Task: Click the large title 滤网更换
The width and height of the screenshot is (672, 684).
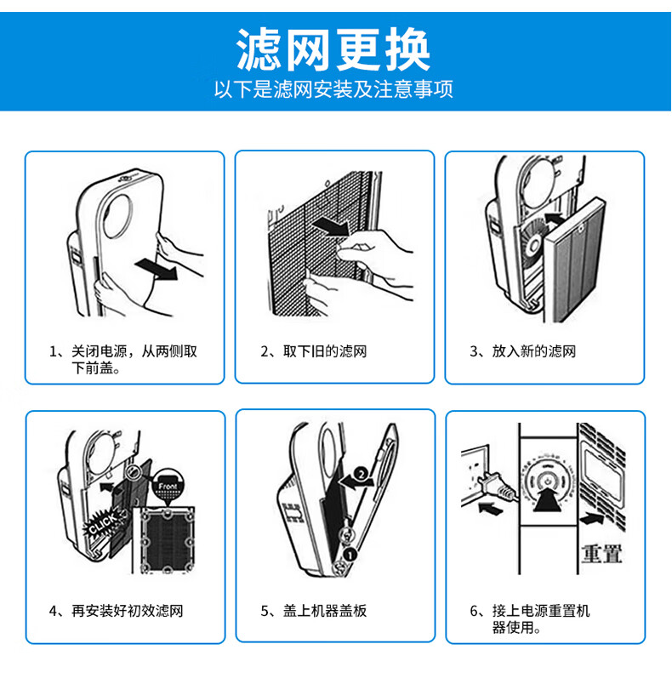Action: coord(333,49)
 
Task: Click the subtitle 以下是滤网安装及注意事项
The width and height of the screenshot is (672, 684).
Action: coord(333,89)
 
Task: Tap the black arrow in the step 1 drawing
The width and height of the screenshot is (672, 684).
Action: coord(157,269)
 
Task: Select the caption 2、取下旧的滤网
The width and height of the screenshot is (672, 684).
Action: coord(313,351)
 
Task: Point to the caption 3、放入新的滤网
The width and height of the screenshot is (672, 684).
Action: coord(522,351)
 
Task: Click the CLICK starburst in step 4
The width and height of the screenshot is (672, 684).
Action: coord(102,522)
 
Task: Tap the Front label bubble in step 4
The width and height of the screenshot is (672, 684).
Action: coord(168,486)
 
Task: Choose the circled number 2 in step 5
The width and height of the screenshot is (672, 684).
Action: coord(361,474)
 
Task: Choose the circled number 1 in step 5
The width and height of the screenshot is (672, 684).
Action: coord(350,555)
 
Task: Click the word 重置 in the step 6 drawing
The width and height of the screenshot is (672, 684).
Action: coord(601,553)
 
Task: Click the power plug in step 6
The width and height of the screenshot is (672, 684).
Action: coord(496,487)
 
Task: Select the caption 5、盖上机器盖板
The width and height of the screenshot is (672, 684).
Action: coord(313,610)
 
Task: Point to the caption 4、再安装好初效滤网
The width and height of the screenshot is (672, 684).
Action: coord(116,610)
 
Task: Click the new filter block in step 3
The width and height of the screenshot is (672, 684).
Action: coord(574,259)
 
